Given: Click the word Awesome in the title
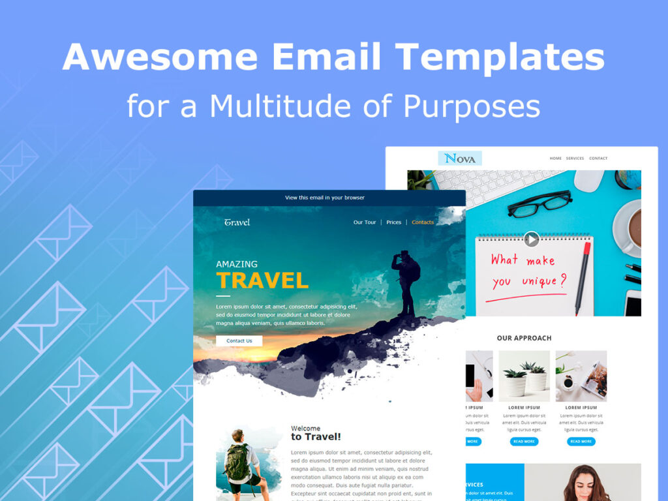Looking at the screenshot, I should pos(159,57).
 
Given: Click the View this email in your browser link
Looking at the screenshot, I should pos(325,198).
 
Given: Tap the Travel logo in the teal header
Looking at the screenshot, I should pos(237,222).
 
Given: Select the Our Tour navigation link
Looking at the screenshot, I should pos(365,222).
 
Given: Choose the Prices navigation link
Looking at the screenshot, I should pos(393,222).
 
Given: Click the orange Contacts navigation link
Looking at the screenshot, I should pos(423,222).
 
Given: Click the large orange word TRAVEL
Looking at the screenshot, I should pos(262,281).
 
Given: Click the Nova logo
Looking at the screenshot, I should pos(460,159).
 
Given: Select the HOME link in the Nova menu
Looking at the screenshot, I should pos(555,159).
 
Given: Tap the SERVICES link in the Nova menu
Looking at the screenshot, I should pos(575,159).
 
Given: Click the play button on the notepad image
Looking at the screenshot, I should pos(532,239).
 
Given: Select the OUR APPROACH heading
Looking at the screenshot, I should pos(524,338).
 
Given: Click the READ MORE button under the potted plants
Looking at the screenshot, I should pos(524,442).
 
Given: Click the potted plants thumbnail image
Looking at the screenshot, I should pos(524,376).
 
